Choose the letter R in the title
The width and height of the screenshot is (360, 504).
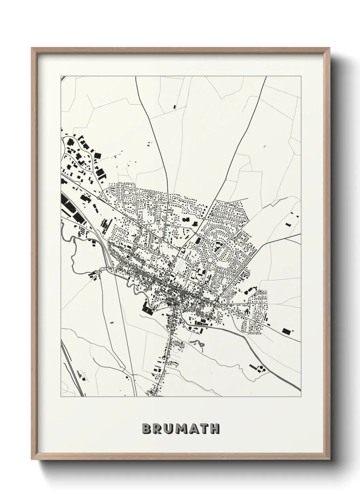coord(156,429)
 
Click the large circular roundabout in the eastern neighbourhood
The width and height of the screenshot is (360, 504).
coord(210,260)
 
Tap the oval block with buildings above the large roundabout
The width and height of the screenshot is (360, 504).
coord(217,246)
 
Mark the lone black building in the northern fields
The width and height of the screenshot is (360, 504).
coord(175,107)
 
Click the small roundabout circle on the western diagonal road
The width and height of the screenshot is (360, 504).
coord(98,198)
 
